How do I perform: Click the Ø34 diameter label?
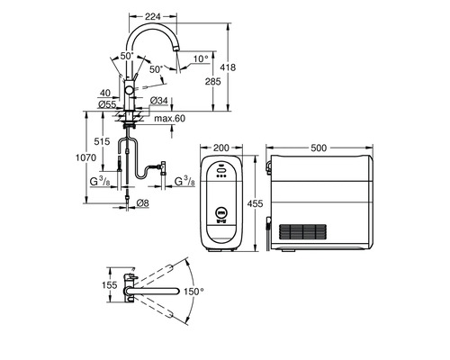point(159,101)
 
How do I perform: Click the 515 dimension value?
point(103,142)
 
